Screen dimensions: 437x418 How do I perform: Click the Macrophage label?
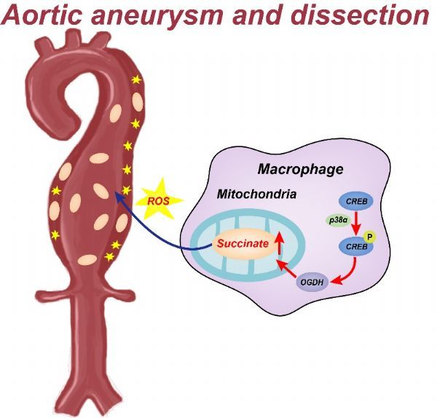(300, 169)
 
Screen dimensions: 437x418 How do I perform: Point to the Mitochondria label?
(256, 194)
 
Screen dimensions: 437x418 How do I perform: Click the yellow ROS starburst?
(159, 200)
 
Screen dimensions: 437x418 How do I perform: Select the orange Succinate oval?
(243, 244)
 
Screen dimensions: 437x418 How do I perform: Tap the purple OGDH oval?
(312, 282)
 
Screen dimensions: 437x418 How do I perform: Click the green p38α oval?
(338, 221)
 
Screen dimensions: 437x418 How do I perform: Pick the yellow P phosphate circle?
(370, 237)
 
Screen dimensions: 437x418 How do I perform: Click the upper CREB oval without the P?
(356, 201)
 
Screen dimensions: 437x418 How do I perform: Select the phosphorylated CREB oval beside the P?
(355, 247)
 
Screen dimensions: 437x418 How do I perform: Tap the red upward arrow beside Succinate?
(279, 243)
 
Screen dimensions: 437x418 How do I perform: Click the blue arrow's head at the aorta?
(119, 196)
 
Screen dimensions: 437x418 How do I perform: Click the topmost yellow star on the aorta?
(136, 80)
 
